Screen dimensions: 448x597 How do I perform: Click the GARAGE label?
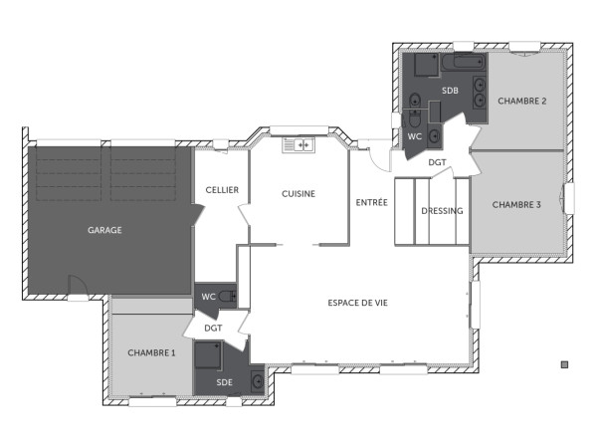(x=104, y=230)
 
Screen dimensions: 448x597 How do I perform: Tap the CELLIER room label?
(x=221, y=189)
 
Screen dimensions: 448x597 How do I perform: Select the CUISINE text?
(x=298, y=193)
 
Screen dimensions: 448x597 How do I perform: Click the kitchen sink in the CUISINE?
(x=298, y=146)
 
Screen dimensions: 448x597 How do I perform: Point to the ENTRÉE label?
(x=372, y=202)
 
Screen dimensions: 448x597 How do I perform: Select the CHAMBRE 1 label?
(x=151, y=352)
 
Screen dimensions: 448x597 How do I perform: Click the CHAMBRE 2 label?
(x=522, y=101)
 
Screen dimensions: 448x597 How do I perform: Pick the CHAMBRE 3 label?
(x=517, y=205)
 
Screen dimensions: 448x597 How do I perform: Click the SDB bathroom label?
(x=451, y=92)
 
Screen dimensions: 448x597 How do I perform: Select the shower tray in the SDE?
(x=209, y=356)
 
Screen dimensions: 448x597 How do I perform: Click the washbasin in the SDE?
(x=257, y=380)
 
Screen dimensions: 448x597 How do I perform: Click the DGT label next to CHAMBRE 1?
(x=213, y=328)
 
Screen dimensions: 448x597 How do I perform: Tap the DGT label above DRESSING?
(x=438, y=161)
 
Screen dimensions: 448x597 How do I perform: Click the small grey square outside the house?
(x=564, y=364)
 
